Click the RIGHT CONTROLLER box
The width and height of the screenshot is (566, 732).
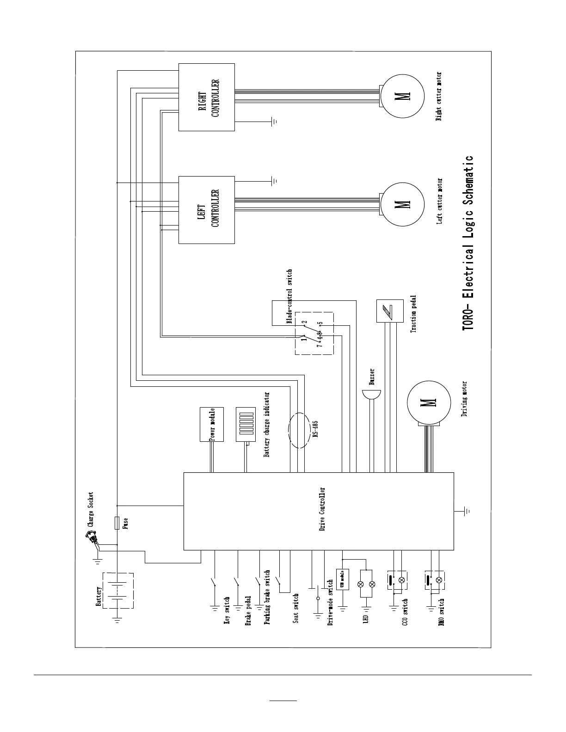click(x=206, y=97)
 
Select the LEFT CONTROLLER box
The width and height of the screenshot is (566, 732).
click(x=206, y=210)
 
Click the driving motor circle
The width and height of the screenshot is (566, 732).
click(x=428, y=403)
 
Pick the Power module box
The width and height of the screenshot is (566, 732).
click(x=212, y=424)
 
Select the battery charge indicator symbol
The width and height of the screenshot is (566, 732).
click(x=246, y=424)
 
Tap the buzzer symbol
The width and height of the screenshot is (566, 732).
click(x=371, y=396)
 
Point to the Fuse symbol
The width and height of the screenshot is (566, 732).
click(x=117, y=523)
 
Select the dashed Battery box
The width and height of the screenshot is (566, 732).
click(x=117, y=591)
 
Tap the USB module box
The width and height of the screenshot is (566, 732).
click(x=343, y=579)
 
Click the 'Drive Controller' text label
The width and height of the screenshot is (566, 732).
click(x=323, y=509)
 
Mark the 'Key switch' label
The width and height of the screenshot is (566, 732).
click(x=227, y=611)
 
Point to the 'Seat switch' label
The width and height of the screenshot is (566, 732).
click(x=296, y=608)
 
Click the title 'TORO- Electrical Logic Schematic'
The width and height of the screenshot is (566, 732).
click(x=468, y=243)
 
